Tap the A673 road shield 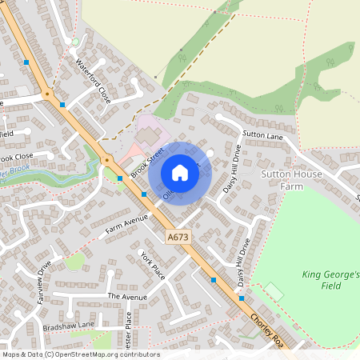177,237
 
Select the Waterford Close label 92,79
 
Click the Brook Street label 147,160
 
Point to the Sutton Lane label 262,136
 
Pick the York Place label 152,264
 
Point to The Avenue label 127,297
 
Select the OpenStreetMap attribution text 80,354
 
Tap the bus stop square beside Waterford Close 62,105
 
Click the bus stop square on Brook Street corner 120,178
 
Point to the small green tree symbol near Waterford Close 76,42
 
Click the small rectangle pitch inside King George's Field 274,290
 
